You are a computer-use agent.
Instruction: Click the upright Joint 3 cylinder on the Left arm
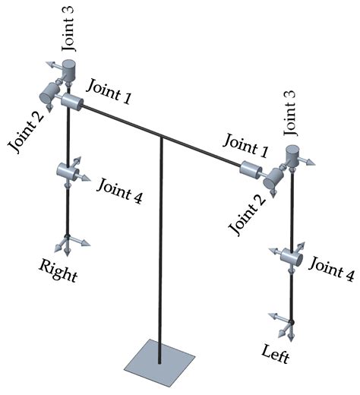(292, 156)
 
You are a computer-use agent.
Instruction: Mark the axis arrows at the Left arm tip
(288, 323)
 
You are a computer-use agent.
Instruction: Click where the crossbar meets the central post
(163, 137)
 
